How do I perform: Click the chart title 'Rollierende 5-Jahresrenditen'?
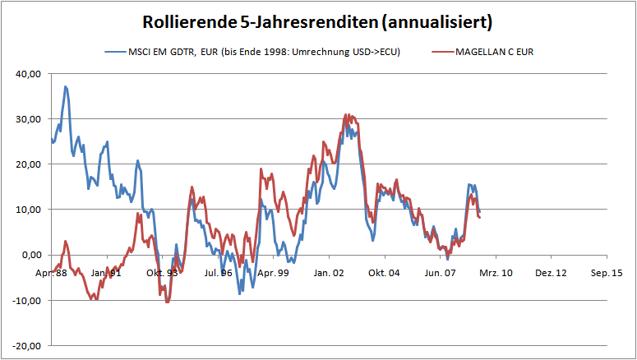point(271,21)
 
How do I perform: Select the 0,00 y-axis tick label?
point(30,254)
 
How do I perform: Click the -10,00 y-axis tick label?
point(26,300)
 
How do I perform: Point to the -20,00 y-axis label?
point(26,345)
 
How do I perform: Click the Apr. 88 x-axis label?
point(51,272)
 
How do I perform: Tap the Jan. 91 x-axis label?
point(106,272)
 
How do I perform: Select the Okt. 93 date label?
point(162,272)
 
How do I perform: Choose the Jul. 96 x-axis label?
point(218,272)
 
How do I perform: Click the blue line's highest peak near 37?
point(65,86)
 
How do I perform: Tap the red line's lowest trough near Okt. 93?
point(168,302)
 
